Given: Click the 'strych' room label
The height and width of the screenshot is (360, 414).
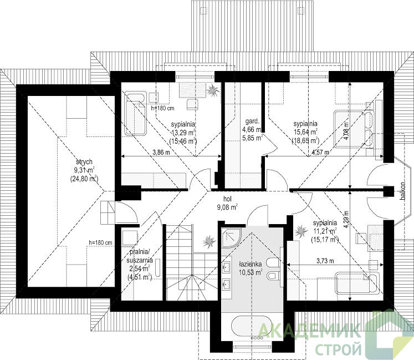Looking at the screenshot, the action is tap(84, 161).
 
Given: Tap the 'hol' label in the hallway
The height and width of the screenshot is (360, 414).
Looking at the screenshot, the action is tap(227, 199).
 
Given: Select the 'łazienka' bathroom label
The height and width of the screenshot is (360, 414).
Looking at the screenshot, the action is tap(251, 264).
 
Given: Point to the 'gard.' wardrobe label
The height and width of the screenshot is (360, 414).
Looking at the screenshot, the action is tap(252, 121).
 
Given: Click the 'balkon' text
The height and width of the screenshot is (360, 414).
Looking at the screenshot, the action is tap(402, 191).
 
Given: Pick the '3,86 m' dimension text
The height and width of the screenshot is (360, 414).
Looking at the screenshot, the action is tap(161, 153).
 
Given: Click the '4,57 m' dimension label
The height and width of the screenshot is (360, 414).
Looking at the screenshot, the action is tap(320, 152).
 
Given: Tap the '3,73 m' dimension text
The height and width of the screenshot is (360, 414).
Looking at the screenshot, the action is tap(325, 261).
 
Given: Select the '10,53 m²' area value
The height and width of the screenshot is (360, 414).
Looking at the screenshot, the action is tap(251, 272).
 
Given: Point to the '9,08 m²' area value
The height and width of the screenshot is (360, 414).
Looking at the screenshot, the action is tap(227, 207).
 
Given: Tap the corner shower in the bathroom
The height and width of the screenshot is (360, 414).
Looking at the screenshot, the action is tap(231, 237).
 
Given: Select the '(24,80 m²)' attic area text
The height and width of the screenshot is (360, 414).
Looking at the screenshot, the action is tap(84, 179).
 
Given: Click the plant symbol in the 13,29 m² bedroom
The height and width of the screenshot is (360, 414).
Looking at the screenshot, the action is tap(213, 91).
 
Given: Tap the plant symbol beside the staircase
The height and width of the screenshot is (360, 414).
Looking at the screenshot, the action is tap(209, 241).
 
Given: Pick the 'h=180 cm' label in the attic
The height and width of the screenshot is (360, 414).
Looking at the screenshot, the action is tap(100, 242).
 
